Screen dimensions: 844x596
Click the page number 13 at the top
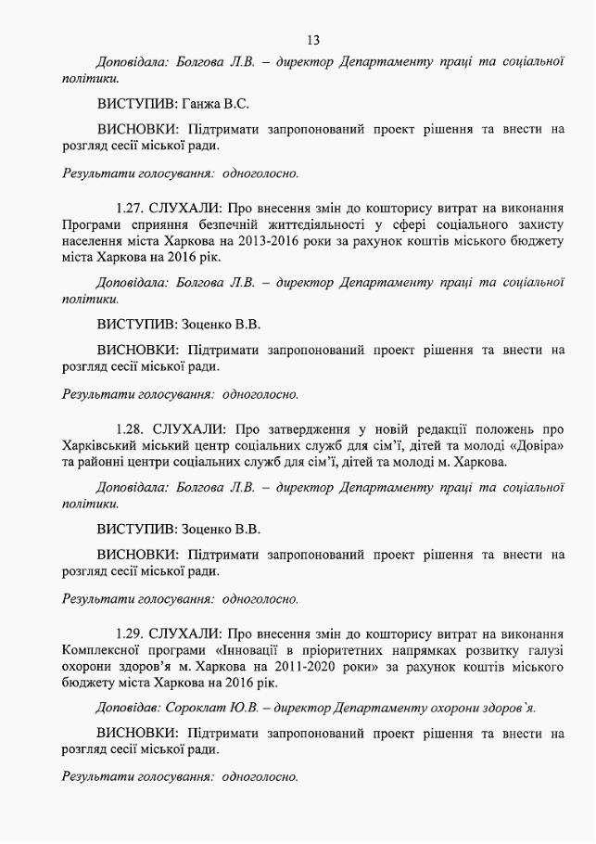(312, 39)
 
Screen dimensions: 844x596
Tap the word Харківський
(101, 445)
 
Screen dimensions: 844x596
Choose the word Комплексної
(103, 650)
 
